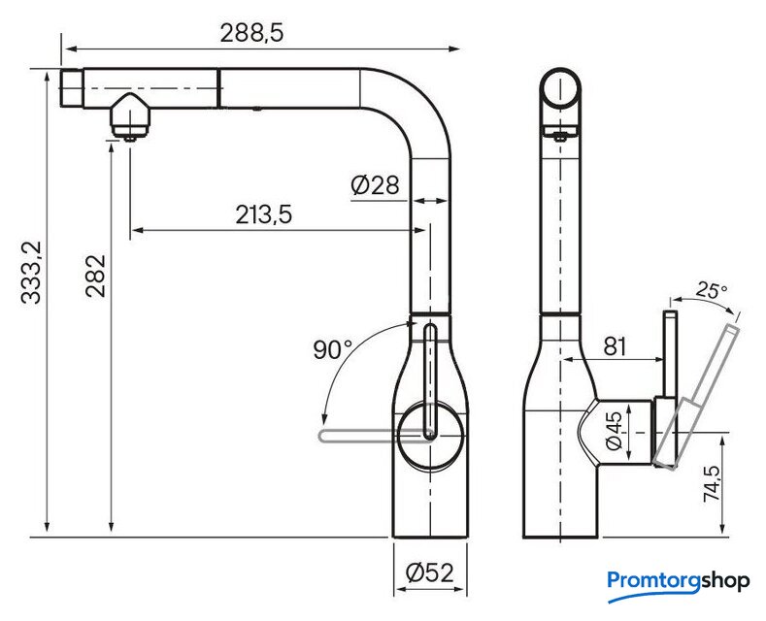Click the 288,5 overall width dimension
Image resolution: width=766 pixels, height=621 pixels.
click(251, 33)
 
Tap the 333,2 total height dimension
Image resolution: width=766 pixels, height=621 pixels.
click(33, 272)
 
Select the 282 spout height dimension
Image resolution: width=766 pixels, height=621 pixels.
click(95, 276)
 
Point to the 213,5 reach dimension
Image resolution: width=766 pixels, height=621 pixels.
click(264, 214)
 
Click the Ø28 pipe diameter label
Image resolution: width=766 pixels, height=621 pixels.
click(375, 185)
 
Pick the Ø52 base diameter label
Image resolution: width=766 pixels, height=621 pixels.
click(430, 572)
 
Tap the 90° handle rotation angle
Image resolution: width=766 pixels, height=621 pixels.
click(332, 349)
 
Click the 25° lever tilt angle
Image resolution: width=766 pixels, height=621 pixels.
click(712, 290)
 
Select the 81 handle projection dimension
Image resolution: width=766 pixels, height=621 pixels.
click(615, 346)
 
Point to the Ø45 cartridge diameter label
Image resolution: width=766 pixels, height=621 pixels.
click(614, 431)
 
